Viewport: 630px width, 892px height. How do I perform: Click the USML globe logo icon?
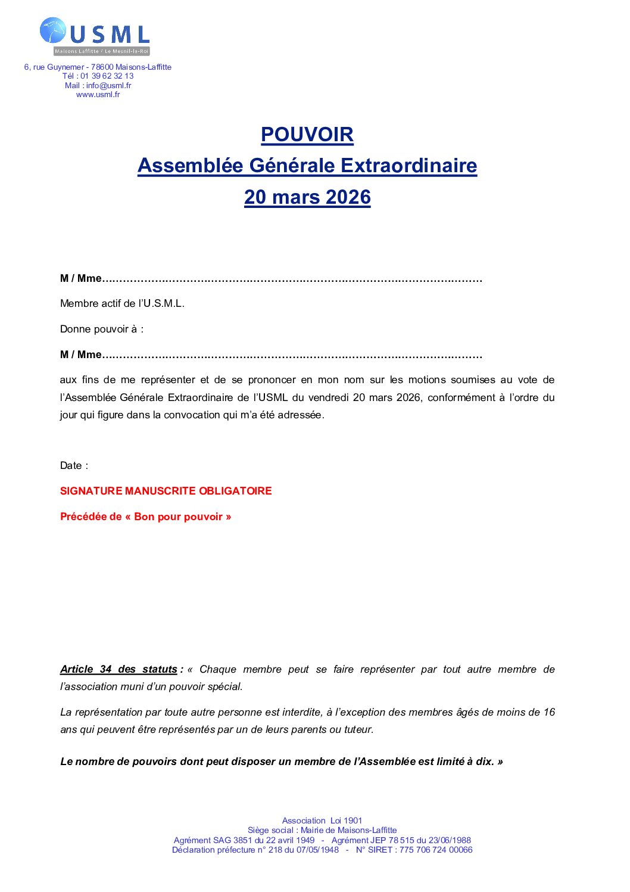[53, 30]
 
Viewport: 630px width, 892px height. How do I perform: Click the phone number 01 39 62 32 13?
[107, 76]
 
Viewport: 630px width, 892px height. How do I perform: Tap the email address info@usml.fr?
[108, 85]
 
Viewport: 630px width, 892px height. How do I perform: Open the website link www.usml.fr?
[98, 95]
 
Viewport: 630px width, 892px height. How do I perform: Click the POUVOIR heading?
[307, 135]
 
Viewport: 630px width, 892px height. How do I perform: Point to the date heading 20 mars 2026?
[307, 197]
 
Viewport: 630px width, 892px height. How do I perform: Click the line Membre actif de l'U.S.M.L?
[122, 304]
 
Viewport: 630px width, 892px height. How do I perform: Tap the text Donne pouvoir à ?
[102, 330]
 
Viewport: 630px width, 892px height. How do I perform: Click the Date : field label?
[74, 466]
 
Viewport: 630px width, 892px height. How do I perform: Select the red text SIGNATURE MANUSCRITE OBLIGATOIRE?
[166, 491]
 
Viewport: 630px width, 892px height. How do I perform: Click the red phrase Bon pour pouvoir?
[178, 517]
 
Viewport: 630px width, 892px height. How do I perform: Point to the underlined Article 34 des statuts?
[118, 670]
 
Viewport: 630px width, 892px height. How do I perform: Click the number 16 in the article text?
[549, 713]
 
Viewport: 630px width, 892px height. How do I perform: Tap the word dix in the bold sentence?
[484, 762]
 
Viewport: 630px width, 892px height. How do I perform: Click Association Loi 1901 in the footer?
[322, 821]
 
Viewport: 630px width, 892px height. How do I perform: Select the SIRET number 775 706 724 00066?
[436, 850]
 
